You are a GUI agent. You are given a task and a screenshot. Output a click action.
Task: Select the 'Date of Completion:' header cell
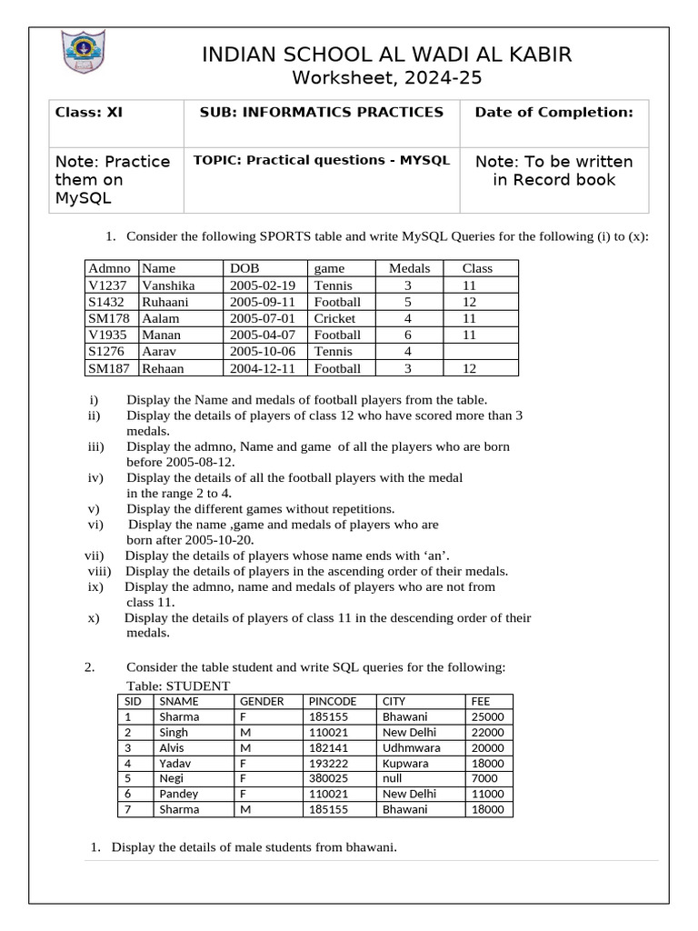point(553,113)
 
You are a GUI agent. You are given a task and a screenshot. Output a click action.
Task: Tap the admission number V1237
point(109,285)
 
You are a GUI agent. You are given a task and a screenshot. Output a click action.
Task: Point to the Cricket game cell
point(334,318)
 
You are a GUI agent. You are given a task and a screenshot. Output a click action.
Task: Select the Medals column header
point(408,268)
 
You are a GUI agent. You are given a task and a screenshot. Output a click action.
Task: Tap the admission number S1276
point(108,352)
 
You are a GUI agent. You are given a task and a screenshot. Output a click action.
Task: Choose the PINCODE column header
point(334,701)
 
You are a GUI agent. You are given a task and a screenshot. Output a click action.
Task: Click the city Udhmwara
point(411,747)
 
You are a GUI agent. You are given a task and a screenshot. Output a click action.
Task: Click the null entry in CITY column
point(393,778)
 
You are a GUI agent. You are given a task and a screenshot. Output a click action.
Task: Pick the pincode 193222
point(328,763)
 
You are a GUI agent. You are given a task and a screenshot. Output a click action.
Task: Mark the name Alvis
point(171,747)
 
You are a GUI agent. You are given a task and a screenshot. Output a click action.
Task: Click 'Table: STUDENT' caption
point(178,686)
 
